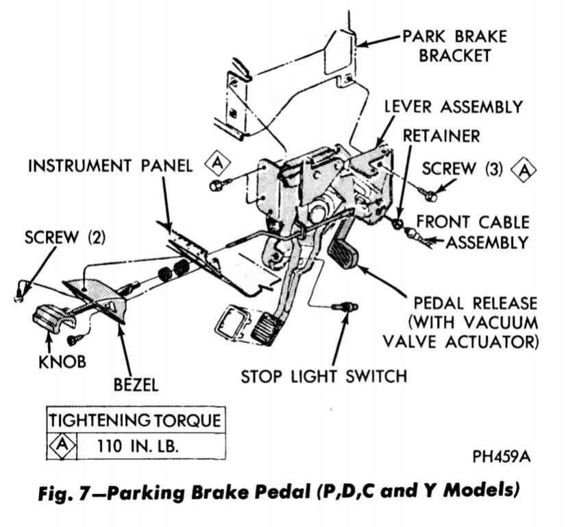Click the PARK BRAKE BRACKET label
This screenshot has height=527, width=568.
(456, 45)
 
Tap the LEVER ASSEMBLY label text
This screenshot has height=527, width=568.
(454, 107)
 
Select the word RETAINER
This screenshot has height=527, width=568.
(441, 135)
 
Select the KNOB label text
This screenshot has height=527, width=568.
(62, 361)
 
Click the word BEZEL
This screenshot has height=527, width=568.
(134, 384)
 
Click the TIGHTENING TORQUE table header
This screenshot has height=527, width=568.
(134, 420)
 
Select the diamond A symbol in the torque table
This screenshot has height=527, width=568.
(61, 445)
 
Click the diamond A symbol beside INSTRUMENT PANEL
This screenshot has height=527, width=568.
(218, 164)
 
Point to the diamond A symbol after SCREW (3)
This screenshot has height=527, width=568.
(525, 169)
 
